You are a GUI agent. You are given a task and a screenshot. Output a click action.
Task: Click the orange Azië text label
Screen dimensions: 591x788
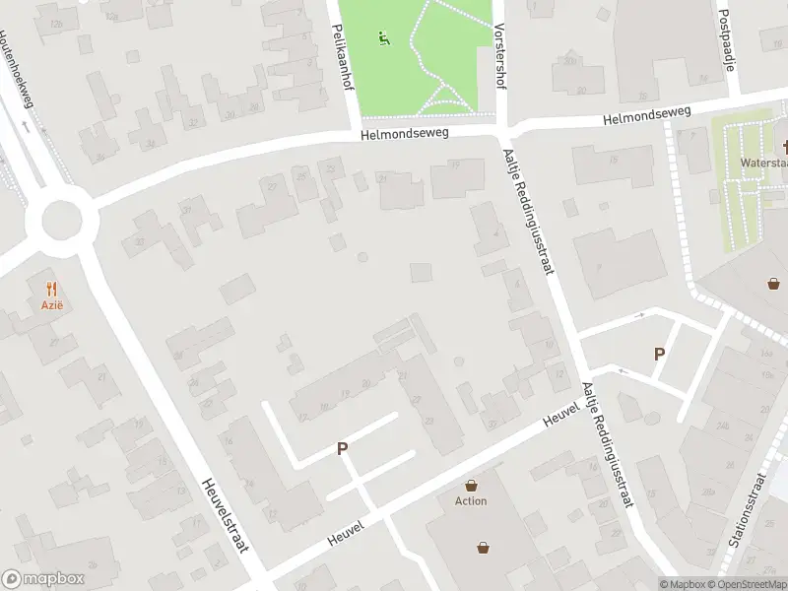(52, 306)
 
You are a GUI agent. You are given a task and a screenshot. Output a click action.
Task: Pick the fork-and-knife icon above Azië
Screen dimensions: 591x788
(52, 289)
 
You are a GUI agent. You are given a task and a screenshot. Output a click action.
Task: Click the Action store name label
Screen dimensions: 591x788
(471, 500)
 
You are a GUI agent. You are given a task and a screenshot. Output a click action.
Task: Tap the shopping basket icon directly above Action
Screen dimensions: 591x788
(472, 485)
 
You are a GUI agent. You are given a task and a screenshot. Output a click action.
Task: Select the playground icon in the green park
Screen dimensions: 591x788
(383, 38)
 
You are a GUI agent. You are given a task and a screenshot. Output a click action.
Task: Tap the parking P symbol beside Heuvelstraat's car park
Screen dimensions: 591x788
(343, 448)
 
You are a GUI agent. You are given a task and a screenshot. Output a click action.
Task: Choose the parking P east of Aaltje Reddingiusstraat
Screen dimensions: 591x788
(659, 354)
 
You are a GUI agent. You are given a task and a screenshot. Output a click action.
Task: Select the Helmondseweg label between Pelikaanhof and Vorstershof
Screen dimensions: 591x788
(405, 136)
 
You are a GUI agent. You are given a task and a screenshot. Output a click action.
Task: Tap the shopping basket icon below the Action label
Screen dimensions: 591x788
(484, 547)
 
